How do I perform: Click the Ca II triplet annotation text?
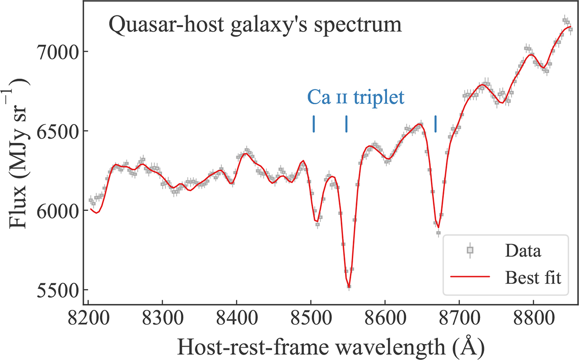(x=356, y=97)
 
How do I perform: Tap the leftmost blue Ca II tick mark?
(x=314, y=124)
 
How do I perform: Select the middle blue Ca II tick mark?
(x=346, y=124)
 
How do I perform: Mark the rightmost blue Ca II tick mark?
(x=436, y=124)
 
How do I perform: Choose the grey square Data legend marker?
(x=470, y=250)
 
